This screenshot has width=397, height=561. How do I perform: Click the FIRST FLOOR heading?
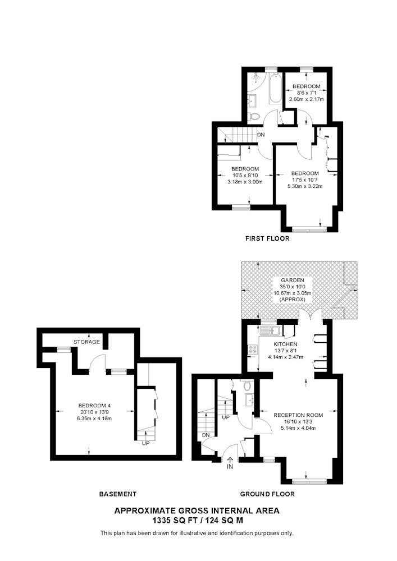[x=267, y=238]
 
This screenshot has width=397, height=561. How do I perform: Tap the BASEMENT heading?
[x=118, y=494]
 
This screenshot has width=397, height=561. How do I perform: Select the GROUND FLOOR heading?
[x=267, y=494]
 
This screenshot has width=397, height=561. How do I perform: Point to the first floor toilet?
[x=254, y=116]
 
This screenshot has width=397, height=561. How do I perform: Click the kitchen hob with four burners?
[x=252, y=349]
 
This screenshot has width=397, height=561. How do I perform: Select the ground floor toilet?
[x=247, y=385]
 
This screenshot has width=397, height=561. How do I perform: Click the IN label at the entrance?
[x=230, y=467]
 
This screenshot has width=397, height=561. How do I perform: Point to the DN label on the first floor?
[x=261, y=135]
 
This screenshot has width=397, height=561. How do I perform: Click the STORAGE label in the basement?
[x=86, y=342]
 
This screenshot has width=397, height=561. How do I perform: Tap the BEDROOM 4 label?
[x=94, y=406]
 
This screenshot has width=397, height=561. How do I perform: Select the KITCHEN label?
[x=280, y=344]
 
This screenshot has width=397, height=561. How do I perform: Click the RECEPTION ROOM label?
[x=298, y=415]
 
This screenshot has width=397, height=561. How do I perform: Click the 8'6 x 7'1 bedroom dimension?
[x=307, y=93]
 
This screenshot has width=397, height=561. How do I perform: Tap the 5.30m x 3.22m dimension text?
[x=305, y=186]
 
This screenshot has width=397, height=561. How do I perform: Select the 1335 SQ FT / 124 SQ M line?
[x=197, y=520]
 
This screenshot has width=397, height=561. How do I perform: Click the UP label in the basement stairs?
[x=145, y=443]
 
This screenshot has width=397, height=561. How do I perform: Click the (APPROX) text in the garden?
[x=293, y=299]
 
